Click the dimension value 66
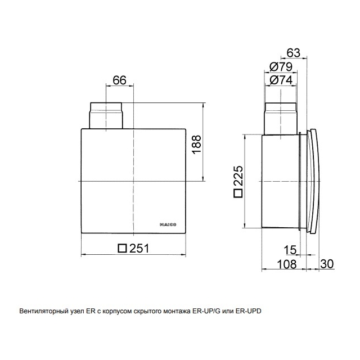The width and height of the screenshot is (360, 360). (x=120, y=80)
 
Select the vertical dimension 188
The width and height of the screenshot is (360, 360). (x=196, y=145)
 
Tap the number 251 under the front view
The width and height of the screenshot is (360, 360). (x=139, y=248)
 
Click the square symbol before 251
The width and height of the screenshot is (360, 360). (x=123, y=248)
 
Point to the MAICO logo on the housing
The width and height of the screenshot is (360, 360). (x=168, y=225)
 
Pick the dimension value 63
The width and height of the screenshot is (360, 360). (x=294, y=53)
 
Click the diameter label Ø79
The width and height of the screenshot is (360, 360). (x=281, y=67)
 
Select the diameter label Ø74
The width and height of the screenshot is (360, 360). (x=281, y=80)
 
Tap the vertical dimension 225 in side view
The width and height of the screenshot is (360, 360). (x=238, y=175)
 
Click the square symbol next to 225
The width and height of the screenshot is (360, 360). (x=238, y=193)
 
